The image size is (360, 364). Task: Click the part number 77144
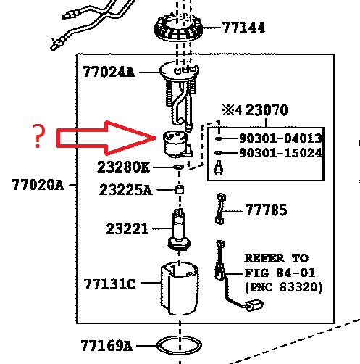click(243, 28)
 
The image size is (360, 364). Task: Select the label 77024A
click(109, 72)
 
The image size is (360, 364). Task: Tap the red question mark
click(38, 136)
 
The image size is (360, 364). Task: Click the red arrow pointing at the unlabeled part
click(106, 138)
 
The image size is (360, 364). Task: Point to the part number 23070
click(267, 110)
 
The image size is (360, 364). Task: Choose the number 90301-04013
click(280, 138)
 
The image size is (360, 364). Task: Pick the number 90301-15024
click(280, 153)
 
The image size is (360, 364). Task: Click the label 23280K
click(123, 167)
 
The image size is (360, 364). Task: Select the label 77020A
click(38, 185)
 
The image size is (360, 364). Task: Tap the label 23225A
click(126, 189)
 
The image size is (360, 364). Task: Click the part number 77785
click(267, 210)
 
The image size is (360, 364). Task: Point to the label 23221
click(127, 228)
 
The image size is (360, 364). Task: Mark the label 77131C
click(109, 284)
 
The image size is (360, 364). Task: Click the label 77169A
click(106, 346)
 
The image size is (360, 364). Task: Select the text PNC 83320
click(284, 287)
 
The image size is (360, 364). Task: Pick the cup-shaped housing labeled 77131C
click(180, 289)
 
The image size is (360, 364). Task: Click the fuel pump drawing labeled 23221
click(179, 230)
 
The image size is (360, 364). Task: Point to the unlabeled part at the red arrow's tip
click(177, 144)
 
